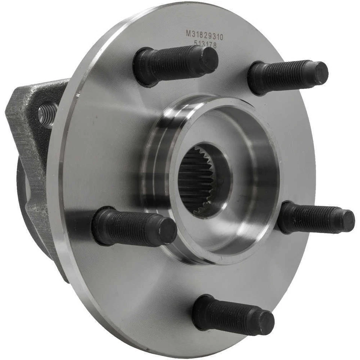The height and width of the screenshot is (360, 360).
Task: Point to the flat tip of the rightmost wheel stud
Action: [348, 220]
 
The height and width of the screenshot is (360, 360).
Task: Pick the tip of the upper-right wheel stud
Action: [320, 73]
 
